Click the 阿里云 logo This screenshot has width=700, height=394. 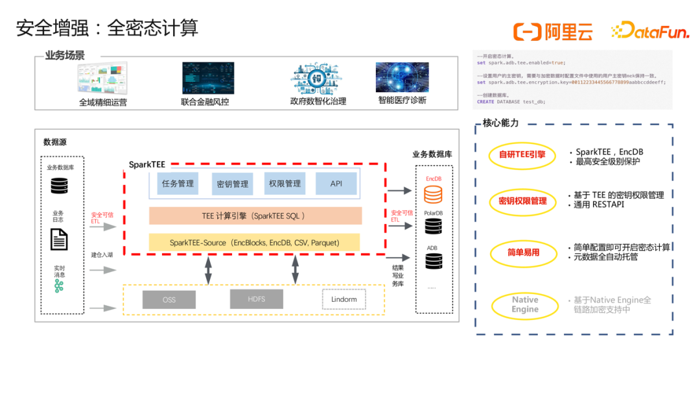(553, 31)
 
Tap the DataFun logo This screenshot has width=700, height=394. (649, 31)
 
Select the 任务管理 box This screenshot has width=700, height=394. (177, 184)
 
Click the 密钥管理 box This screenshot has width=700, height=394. (232, 184)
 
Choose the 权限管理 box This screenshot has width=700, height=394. (285, 184)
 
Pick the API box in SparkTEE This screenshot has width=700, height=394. (336, 184)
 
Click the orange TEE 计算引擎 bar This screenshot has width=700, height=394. (255, 215)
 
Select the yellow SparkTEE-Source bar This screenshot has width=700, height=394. (255, 242)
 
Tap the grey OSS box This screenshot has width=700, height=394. (169, 299)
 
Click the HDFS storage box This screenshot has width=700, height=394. (256, 299)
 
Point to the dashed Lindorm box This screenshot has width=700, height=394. (344, 299)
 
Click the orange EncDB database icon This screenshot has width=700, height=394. (433, 194)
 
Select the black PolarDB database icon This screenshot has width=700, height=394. (433, 226)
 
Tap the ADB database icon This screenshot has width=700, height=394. (433, 261)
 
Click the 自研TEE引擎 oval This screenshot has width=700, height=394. (522, 155)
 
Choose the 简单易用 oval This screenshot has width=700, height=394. (523, 252)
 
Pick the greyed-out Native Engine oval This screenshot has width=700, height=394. (524, 304)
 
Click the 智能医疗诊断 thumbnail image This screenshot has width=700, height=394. (402, 77)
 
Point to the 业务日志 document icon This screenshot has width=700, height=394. (59, 240)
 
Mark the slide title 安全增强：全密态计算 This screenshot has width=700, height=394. (107, 28)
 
